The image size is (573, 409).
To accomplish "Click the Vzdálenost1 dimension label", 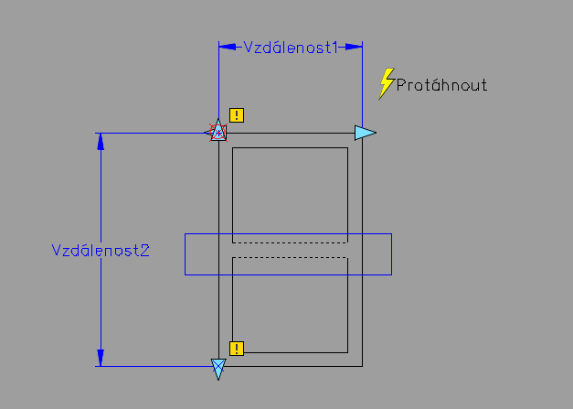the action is click(x=290, y=48).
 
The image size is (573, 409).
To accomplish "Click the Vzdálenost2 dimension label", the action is click(x=101, y=251).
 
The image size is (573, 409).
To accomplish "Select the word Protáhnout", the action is click(x=441, y=85).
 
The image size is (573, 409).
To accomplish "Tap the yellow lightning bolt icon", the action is click(x=387, y=84).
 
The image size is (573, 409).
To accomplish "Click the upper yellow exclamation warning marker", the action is click(x=237, y=115).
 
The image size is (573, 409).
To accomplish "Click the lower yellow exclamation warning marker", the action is click(x=237, y=349).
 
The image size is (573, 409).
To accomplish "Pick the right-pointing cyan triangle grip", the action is click(x=365, y=133).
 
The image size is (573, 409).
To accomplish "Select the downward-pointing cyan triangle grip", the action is click(x=218, y=369).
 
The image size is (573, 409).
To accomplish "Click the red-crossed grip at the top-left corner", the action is click(x=218, y=133).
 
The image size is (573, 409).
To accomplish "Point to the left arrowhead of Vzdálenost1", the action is click(x=228, y=47).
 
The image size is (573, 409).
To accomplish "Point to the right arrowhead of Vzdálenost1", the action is click(x=354, y=47).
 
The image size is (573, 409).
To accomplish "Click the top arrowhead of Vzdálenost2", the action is click(x=101, y=142).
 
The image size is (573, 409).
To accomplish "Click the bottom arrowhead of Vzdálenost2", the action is click(x=101, y=358).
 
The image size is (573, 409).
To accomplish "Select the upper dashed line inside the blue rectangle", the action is click(x=290, y=242).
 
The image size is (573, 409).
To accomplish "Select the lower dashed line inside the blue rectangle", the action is click(x=290, y=257).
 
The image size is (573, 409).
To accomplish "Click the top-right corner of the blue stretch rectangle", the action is click(x=392, y=233).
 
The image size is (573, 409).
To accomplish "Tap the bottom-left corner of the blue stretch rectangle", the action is click(x=185, y=274).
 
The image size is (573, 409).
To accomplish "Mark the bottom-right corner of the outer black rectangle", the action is click(x=362, y=366).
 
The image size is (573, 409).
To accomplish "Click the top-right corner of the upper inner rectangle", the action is click(x=347, y=148).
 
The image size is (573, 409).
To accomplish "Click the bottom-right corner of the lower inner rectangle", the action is click(x=347, y=352).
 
